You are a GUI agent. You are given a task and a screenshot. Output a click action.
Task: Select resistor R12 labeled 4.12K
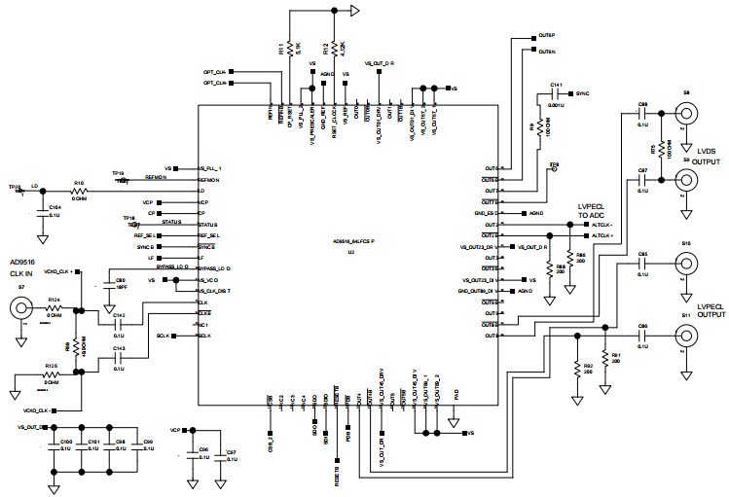(x=334, y=48)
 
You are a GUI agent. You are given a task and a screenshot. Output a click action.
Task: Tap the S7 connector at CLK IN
(x=20, y=309)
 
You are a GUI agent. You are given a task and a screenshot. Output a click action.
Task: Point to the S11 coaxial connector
(x=687, y=335)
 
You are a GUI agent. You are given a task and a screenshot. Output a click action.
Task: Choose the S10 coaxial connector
(x=687, y=263)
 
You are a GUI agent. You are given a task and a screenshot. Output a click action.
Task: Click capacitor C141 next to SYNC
(x=557, y=94)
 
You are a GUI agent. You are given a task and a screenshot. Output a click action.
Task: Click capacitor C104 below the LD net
(x=42, y=211)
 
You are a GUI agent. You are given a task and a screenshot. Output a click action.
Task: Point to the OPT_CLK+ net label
(x=214, y=72)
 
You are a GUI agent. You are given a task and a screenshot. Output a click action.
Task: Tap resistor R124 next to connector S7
(x=55, y=307)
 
